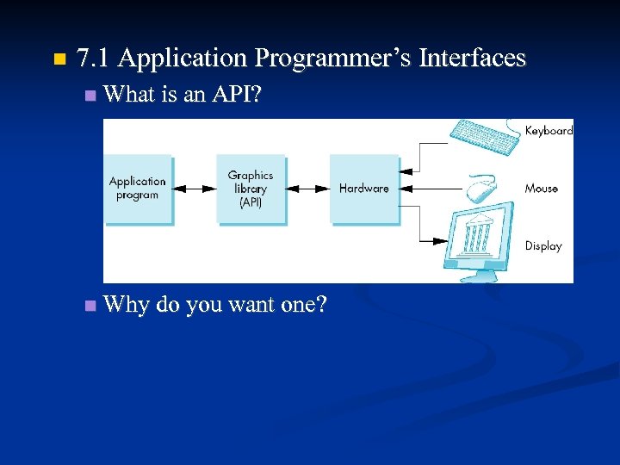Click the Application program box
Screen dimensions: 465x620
tap(138, 189)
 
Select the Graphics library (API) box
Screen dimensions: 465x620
tap(251, 189)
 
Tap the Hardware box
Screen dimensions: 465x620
tap(364, 189)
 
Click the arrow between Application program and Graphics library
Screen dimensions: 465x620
tap(195, 189)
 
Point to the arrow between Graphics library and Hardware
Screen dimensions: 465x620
tap(307, 189)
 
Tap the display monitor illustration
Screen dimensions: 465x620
tap(479, 237)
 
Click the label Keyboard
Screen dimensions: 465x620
tap(549, 131)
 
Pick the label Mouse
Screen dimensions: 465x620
tap(542, 189)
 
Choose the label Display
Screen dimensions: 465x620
tap(543, 246)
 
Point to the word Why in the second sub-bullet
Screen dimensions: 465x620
tap(126, 305)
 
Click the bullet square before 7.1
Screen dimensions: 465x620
tap(59, 60)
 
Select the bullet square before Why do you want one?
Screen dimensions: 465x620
tap(90, 306)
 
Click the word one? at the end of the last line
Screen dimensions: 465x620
tap(303, 305)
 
